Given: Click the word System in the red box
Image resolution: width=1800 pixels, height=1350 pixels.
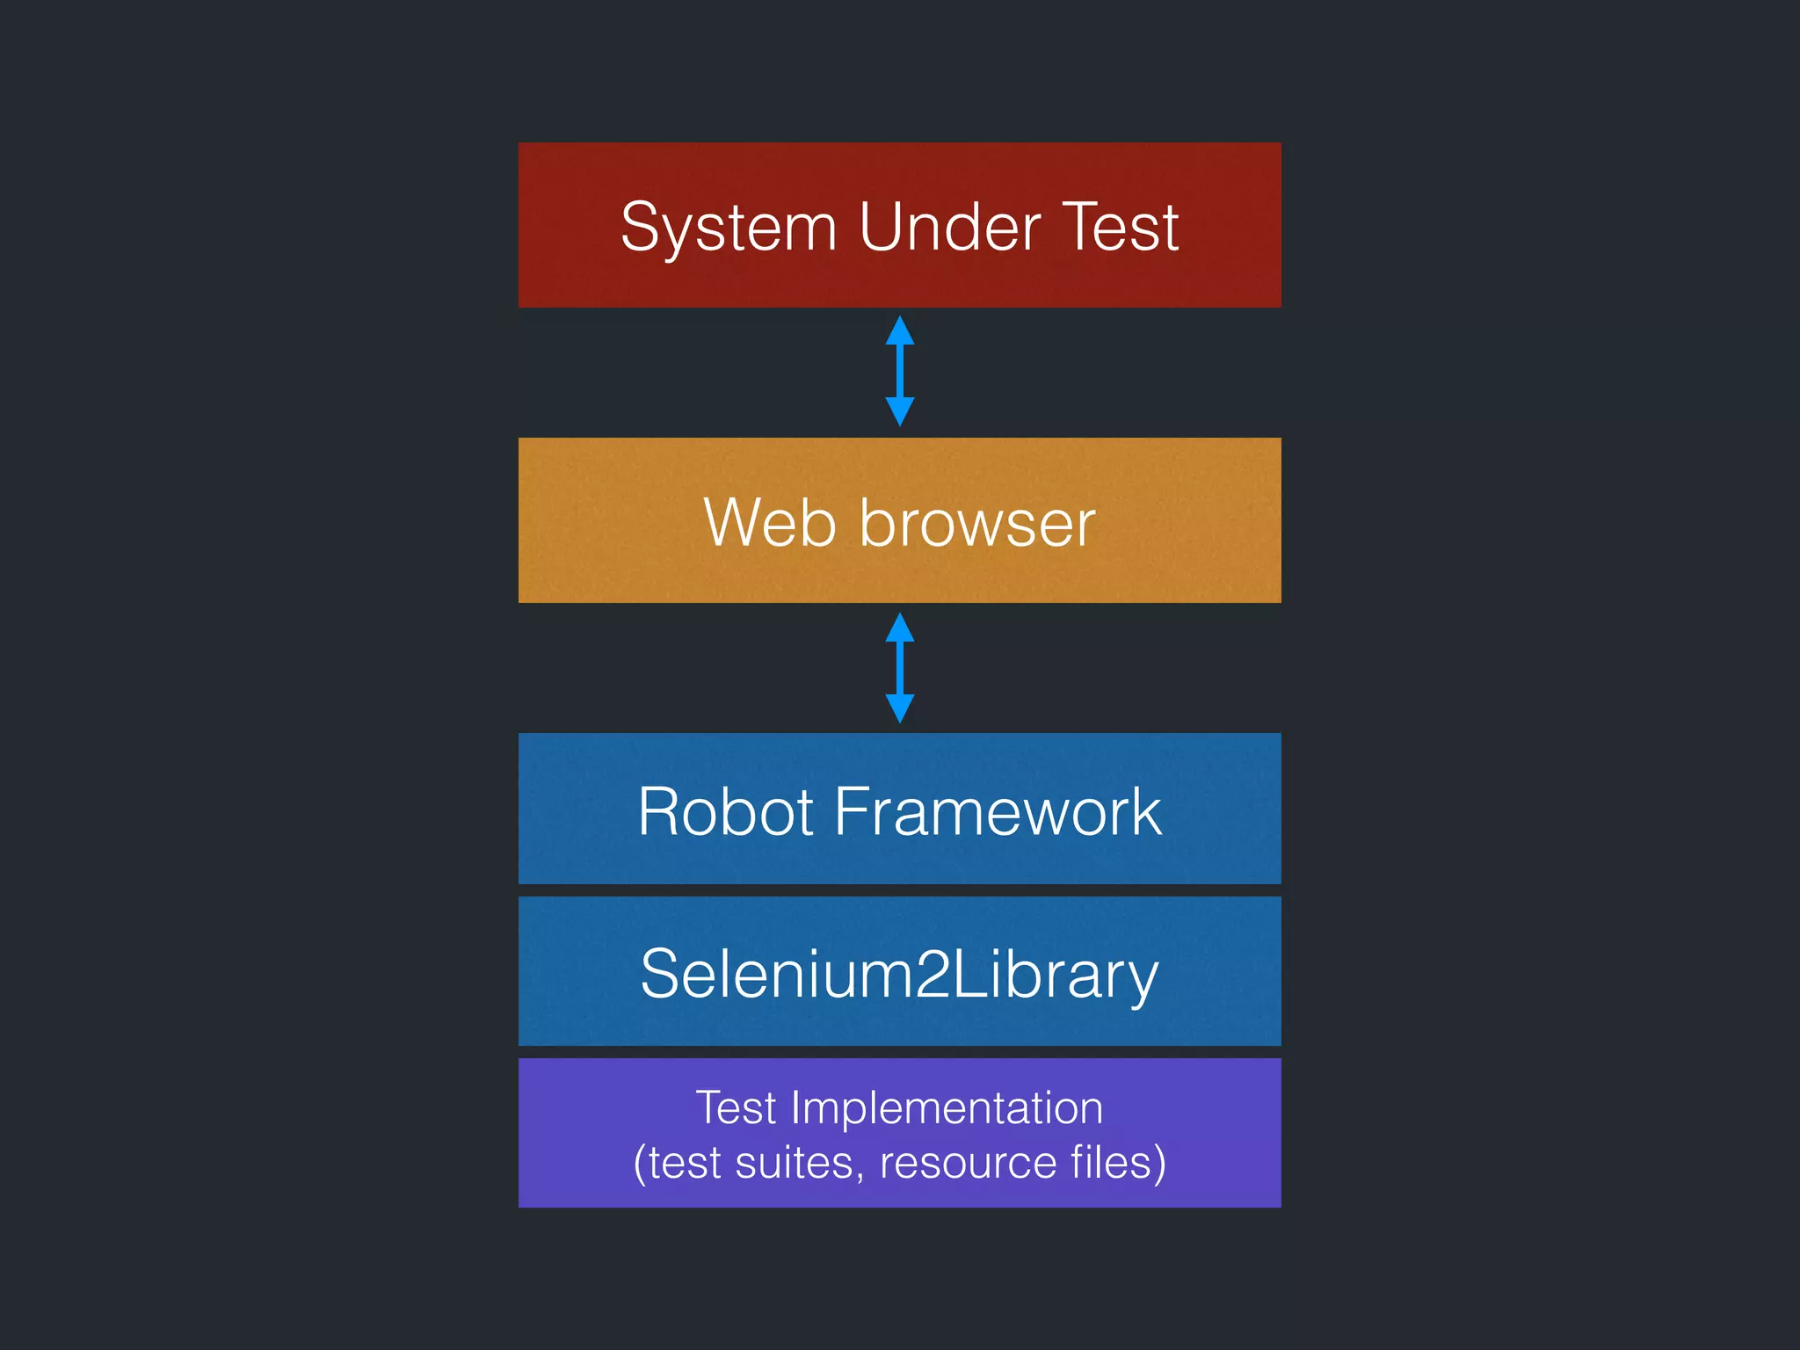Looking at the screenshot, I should (x=728, y=228).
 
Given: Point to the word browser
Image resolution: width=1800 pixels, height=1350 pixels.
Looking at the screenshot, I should (x=977, y=523).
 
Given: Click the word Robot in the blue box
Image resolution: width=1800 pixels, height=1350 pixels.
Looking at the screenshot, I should (x=726, y=811).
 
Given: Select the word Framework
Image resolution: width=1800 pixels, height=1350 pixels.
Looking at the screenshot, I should (x=997, y=811).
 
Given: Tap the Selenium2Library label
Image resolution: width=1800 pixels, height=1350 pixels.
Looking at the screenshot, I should (x=899, y=974).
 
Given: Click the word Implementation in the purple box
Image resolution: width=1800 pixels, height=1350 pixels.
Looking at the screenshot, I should (x=947, y=1107).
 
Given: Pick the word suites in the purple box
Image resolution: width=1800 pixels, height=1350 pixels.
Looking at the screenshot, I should (x=794, y=1162).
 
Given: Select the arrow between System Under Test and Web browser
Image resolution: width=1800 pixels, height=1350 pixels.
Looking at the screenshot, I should (x=899, y=371).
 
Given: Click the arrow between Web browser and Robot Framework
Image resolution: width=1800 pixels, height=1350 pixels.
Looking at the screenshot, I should (x=899, y=668).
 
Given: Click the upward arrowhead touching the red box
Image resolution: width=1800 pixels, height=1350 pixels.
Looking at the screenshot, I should (x=899, y=331).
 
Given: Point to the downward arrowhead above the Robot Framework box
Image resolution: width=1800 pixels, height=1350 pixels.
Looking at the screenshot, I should (x=899, y=708).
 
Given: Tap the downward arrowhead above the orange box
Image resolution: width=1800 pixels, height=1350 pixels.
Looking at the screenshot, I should (x=899, y=410).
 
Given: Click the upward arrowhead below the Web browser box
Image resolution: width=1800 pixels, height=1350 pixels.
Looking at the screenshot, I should (x=899, y=628).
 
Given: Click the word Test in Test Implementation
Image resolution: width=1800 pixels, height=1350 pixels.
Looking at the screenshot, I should (x=736, y=1107).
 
